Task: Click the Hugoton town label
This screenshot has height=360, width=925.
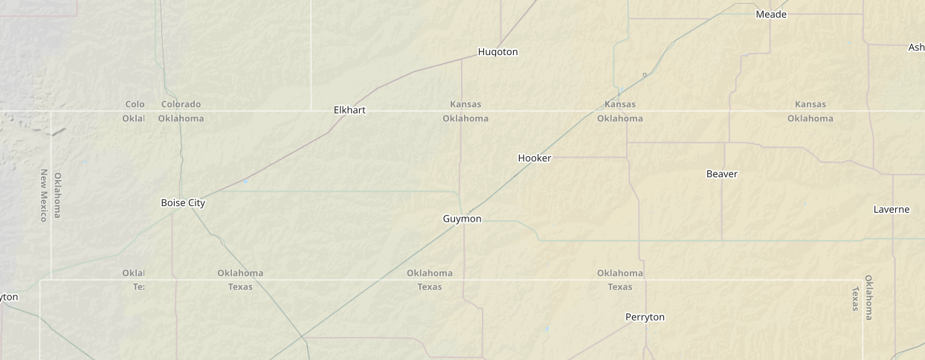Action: point(497,52)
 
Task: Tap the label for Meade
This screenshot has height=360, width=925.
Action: point(771,14)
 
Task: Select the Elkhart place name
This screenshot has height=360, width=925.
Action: point(349,110)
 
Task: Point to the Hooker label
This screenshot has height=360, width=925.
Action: point(535,158)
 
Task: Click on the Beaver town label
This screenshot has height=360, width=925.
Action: point(721,174)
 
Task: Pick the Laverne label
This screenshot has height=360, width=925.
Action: point(891,210)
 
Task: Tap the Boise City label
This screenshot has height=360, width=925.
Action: point(183,203)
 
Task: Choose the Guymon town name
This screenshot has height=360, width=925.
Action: point(462,219)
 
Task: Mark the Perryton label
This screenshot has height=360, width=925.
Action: point(645,318)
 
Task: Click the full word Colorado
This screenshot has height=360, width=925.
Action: point(181,104)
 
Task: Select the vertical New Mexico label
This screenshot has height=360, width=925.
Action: point(44,195)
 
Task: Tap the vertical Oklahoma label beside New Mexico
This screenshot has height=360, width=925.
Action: point(58,195)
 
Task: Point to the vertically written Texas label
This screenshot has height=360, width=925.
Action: point(855,298)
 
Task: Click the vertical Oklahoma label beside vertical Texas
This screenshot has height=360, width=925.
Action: point(868,297)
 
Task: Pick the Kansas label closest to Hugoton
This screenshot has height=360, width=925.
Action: point(465,104)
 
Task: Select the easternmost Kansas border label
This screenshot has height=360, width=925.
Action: point(810,104)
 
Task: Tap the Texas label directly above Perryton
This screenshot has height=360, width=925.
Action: point(619,287)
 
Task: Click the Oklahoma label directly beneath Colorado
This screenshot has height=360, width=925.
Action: point(181,118)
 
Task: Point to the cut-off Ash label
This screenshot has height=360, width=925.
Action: point(916,48)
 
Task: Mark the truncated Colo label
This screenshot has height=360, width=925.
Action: point(135,104)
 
